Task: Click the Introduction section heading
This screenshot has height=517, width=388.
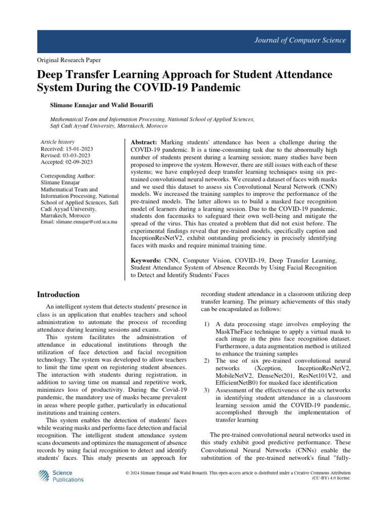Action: [x=59, y=294]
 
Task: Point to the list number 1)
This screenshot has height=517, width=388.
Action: [x=206, y=324]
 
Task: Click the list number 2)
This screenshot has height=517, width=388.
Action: [x=206, y=360]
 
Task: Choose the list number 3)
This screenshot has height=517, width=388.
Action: [x=206, y=390]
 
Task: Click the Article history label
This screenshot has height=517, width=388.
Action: [x=57, y=142]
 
